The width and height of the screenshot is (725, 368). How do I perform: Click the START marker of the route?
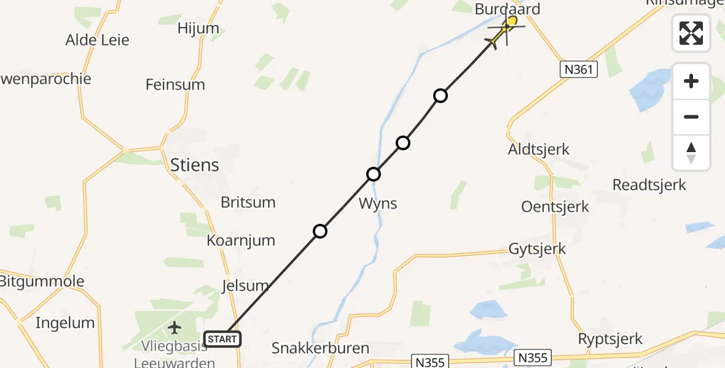[222, 339]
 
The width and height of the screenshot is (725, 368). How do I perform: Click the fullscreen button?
[691, 33]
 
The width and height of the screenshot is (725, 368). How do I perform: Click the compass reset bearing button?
[691, 153]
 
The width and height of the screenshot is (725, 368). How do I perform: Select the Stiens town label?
[194, 164]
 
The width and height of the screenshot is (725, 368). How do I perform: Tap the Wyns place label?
[377, 204]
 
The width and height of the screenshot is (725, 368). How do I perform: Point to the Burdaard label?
[507, 9]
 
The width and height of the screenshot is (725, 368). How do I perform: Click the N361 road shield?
[579, 69]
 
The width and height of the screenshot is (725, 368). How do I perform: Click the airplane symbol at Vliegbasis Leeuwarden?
[175, 328]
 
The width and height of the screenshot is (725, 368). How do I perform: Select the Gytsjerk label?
[537, 249]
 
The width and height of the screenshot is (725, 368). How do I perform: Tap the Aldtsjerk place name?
[539, 149]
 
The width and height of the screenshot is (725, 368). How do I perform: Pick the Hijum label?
[198, 28]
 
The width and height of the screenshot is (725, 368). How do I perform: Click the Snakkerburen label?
[320, 348]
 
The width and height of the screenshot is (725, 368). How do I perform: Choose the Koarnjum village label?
[241, 240]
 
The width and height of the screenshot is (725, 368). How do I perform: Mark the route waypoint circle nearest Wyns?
[374, 174]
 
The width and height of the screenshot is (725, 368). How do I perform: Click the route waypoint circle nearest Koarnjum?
[319, 231]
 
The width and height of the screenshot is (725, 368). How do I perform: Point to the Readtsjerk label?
[649, 185]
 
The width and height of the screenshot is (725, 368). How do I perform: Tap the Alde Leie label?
[98, 40]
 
